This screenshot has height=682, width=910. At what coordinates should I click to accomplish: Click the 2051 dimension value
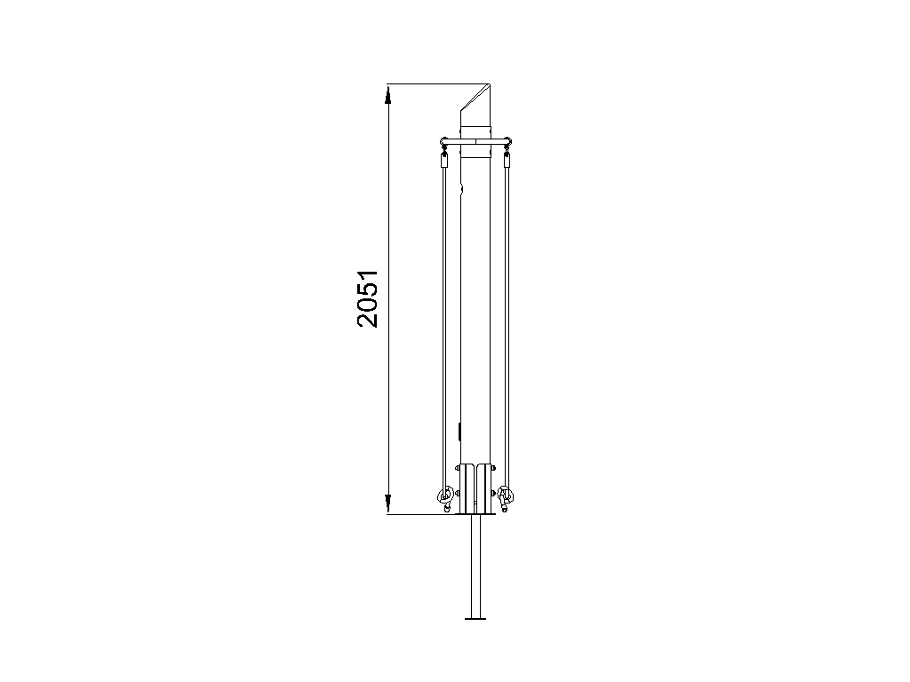click(368, 298)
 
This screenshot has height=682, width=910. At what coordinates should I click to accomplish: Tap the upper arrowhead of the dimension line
click(388, 94)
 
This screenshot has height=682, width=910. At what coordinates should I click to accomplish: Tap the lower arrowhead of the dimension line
click(388, 504)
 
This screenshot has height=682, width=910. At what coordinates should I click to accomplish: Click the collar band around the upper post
click(476, 142)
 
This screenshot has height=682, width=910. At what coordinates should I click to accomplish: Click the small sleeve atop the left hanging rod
click(444, 161)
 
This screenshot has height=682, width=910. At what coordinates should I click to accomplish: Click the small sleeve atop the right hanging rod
click(507, 161)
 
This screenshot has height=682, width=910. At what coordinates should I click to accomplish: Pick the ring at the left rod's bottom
click(445, 496)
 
